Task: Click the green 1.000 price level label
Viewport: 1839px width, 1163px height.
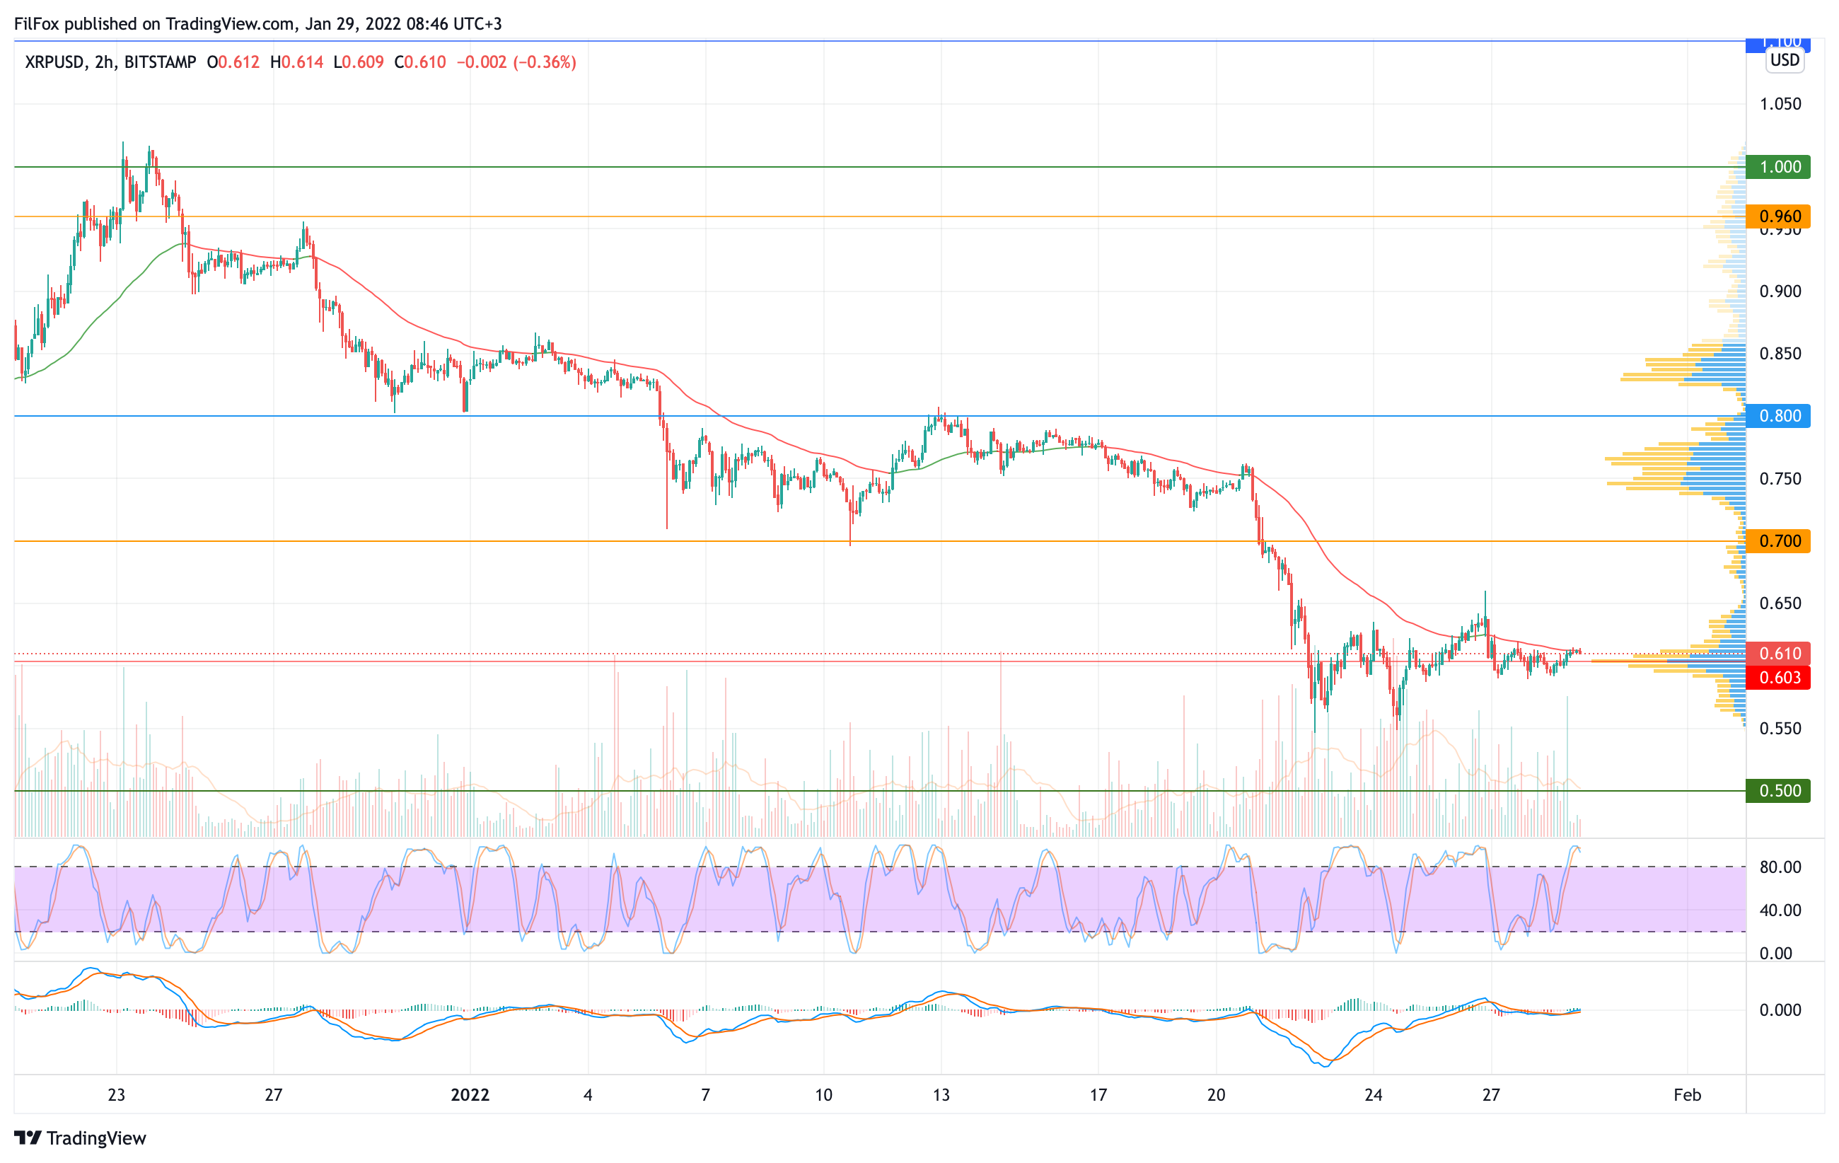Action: pyautogui.click(x=1779, y=166)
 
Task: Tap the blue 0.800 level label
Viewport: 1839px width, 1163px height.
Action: pyautogui.click(x=1779, y=415)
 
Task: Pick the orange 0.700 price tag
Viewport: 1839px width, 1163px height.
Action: pyautogui.click(x=1779, y=540)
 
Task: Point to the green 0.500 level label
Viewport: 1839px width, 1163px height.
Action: pyautogui.click(x=1779, y=790)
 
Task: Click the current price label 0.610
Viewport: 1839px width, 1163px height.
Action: pyautogui.click(x=1779, y=653)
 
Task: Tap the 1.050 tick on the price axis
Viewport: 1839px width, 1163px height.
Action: pyautogui.click(x=1780, y=104)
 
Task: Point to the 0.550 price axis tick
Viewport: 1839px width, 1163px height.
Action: pyautogui.click(x=1780, y=728)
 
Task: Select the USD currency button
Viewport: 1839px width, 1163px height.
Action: pyautogui.click(x=1785, y=59)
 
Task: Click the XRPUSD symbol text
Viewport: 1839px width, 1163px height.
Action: pyautogui.click(x=54, y=62)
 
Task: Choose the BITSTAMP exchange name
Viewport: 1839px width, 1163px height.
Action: pyautogui.click(x=160, y=62)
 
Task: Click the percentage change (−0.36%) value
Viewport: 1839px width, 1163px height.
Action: pyautogui.click(x=545, y=62)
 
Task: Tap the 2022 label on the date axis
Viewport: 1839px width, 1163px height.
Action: pyautogui.click(x=470, y=1094)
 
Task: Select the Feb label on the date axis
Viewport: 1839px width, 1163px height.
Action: pyautogui.click(x=1687, y=1094)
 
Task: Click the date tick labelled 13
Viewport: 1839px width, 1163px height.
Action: pyautogui.click(x=941, y=1094)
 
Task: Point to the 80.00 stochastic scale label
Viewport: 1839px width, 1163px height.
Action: pyautogui.click(x=1780, y=867)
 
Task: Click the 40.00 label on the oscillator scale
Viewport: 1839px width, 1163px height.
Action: pyautogui.click(x=1780, y=910)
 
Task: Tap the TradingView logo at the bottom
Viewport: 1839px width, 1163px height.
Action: pyautogui.click(x=80, y=1138)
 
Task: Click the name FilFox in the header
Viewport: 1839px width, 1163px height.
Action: pyautogui.click(x=37, y=23)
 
